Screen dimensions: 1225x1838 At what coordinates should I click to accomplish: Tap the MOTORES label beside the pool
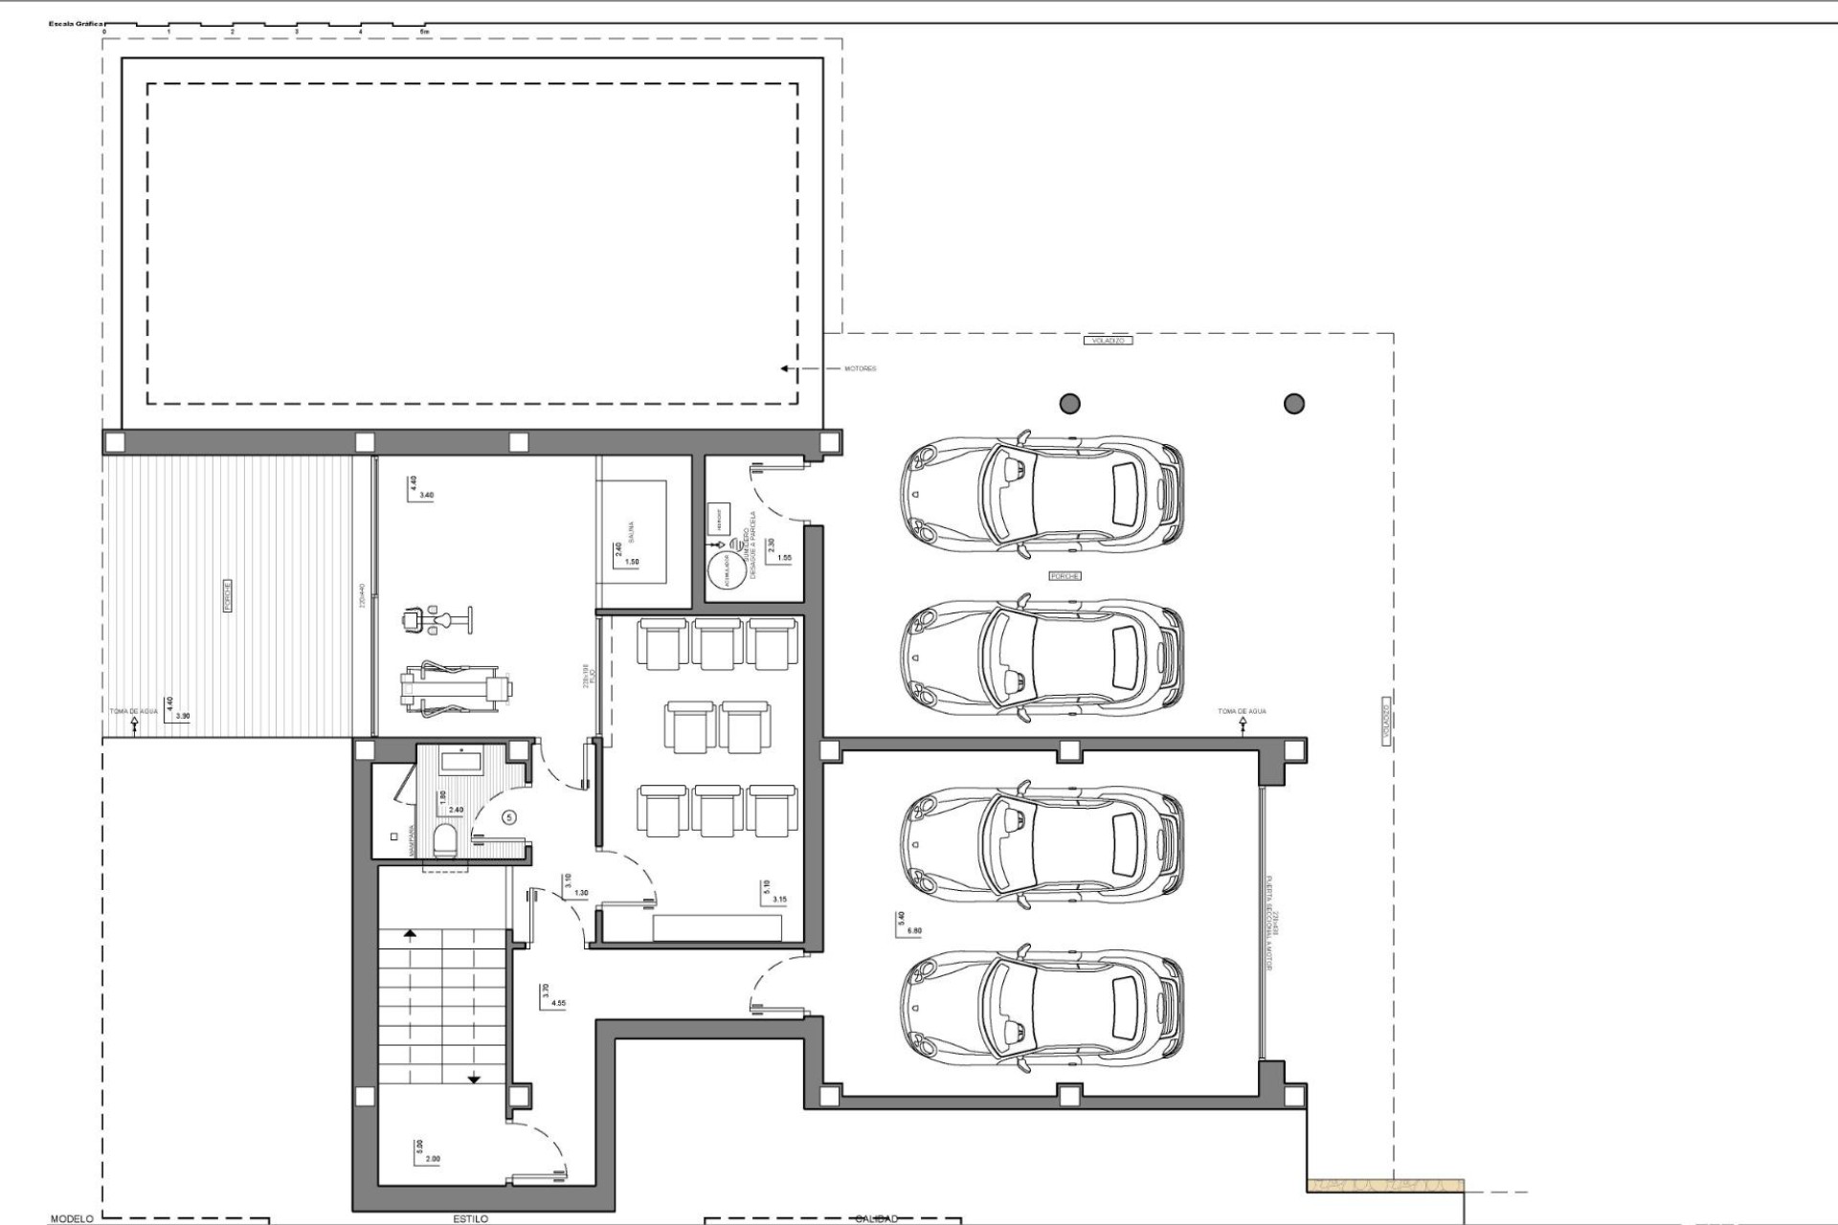click(860, 368)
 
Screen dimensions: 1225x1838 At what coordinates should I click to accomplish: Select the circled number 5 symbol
click(509, 817)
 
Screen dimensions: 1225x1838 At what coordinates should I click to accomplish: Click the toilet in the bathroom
click(445, 841)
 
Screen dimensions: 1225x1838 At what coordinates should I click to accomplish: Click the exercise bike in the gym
click(436, 619)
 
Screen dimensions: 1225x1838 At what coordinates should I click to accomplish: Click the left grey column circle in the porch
click(1069, 403)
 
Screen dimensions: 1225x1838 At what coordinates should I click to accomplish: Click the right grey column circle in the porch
click(1294, 403)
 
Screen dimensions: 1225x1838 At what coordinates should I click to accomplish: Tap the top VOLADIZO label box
click(1108, 340)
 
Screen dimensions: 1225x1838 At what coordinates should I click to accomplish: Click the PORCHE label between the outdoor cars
click(1065, 576)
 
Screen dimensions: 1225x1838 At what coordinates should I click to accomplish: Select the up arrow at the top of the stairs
click(410, 932)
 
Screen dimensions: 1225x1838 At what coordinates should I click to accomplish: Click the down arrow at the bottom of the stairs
click(474, 1079)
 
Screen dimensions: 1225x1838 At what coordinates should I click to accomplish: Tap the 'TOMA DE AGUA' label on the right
click(1242, 711)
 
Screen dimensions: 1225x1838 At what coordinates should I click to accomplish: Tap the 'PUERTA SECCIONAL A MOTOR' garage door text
click(1269, 924)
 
